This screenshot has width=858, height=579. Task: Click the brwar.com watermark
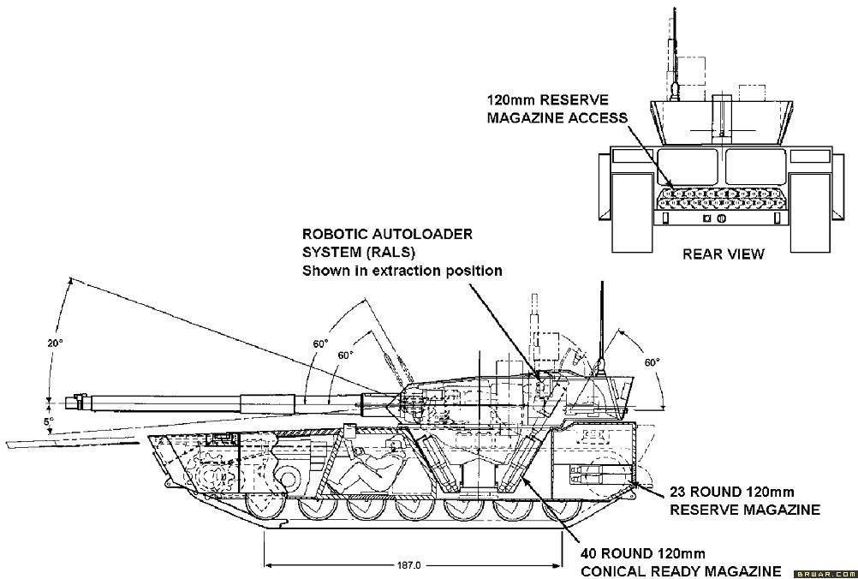823,572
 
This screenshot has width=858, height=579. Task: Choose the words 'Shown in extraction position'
401,271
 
